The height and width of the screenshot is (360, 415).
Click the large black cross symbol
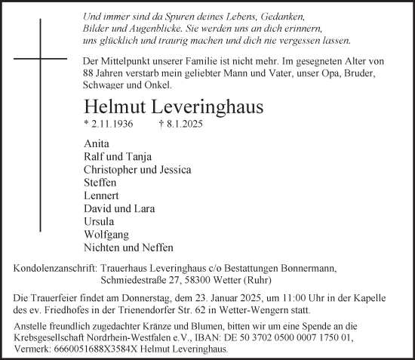click(40, 57)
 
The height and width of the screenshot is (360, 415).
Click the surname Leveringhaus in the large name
click(195, 106)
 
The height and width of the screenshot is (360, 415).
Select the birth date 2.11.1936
click(114, 125)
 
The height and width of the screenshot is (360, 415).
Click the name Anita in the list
click(97, 143)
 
